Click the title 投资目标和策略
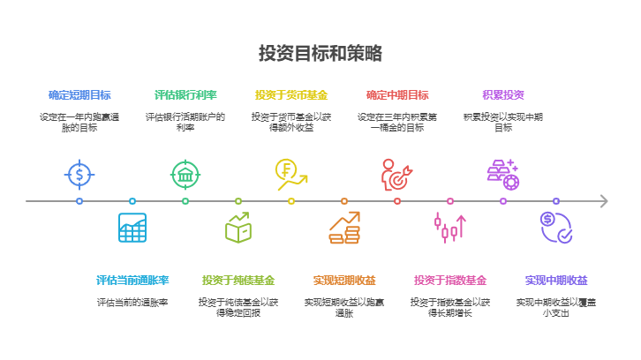pos(320,53)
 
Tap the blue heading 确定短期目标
pos(79,95)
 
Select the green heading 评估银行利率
pos(185,95)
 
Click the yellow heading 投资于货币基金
pos(291,95)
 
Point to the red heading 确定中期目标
pos(397,95)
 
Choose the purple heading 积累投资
pos(503,95)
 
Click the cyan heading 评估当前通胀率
pos(132,281)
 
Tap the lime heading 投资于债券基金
pos(238,281)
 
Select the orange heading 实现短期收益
pos(344,281)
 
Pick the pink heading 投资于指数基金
pos(450,281)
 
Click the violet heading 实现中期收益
pos(556,281)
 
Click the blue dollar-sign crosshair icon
pos(79,175)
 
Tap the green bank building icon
pos(185,175)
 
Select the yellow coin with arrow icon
pos(290,175)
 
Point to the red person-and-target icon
pos(396,175)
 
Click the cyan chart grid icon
pos(132,228)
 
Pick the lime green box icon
pos(238,228)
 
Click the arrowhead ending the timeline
pos(604,201)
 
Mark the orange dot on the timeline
pos(344,201)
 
